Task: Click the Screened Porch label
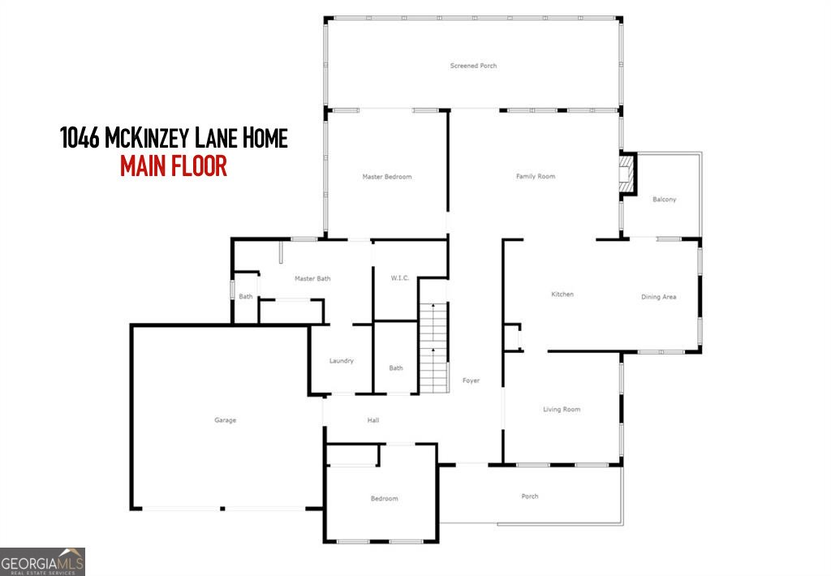pyautogui.click(x=473, y=66)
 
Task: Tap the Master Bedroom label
pyautogui.click(x=386, y=177)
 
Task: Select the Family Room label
pyautogui.click(x=536, y=177)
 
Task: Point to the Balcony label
pyautogui.click(x=664, y=200)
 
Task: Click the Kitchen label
pyautogui.click(x=562, y=294)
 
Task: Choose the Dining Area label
pyautogui.click(x=658, y=297)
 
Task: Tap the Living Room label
pyautogui.click(x=562, y=410)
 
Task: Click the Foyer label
pyautogui.click(x=471, y=380)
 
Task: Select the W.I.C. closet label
pyautogui.click(x=400, y=278)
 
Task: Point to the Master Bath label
pyautogui.click(x=312, y=279)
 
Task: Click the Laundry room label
pyautogui.click(x=341, y=361)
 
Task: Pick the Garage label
pyautogui.click(x=225, y=420)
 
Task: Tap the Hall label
pyautogui.click(x=373, y=420)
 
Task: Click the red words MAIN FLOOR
pyautogui.click(x=173, y=166)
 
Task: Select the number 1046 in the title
pyautogui.click(x=80, y=138)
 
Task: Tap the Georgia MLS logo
pyautogui.click(x=42, y=561)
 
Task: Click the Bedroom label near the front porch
pyautogui.click(x=385, y=499)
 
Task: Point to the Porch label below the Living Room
pyautogui.click(x=529, y=496)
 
